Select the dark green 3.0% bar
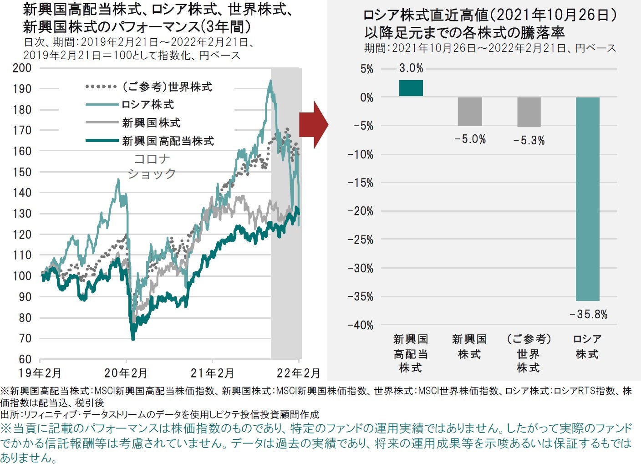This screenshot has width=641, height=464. coord(411,88)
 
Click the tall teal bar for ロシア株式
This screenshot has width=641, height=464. coord(587,199)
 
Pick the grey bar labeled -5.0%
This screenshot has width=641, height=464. coord(470,112)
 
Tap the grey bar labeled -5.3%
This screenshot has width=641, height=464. coord(529,112)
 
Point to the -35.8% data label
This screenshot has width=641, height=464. coord(588,315)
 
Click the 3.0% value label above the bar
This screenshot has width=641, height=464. coord(411,68)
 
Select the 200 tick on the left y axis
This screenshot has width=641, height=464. coord(22,68)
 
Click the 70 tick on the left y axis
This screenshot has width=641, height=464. coord(25,338)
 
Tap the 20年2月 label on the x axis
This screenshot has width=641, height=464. coord(126,373)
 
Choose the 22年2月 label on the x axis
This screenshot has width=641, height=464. coord(298,373)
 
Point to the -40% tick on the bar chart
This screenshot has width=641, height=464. coord(360,325)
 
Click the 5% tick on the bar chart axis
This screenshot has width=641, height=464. coord(366,69)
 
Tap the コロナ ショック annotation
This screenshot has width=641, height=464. coord(152,166)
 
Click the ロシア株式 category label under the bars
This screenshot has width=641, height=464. coord(587,347)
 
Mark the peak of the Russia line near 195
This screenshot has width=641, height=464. coord(270,81)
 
